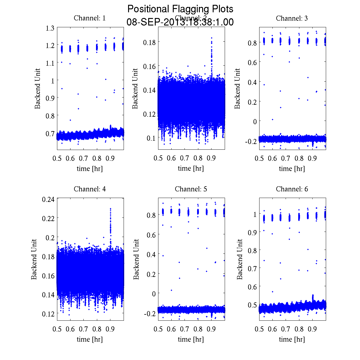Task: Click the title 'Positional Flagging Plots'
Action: (x=180, y=9)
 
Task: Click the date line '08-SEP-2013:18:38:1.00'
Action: (x=180, y=22)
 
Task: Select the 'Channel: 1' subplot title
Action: (x=90, y=18)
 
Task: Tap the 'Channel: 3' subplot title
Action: (x=292, y=18)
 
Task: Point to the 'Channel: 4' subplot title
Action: (x=90, y=189)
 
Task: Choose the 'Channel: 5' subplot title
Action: (x=191, y=189)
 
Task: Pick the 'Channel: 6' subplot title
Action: (x=292, y=189)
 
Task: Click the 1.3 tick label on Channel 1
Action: (x=50, y=28)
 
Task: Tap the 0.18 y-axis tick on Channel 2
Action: (x=149, y=42)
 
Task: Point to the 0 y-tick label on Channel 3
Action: (x=255, y=121)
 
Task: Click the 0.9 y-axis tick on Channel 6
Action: (x=252, y=232)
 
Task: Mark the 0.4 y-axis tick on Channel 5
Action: (x=151, y=254)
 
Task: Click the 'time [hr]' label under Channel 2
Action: (x=191, y=168)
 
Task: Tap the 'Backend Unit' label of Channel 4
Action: (x=34, y=259)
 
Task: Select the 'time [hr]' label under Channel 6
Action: (x=292, y=339)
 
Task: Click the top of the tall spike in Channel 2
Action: (x=211, y=38)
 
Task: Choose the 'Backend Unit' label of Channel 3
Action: (x=237, y=88)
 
